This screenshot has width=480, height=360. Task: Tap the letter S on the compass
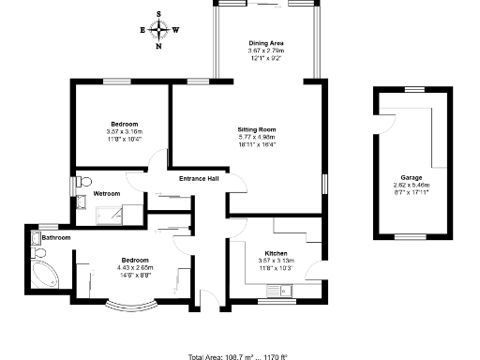159,15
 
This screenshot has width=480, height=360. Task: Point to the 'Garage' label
412,177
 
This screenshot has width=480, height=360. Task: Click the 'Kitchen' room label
275,252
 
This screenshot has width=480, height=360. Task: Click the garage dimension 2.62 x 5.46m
412,186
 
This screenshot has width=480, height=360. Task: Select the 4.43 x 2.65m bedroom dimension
134,268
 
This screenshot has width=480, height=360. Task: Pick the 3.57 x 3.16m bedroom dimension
125,132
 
